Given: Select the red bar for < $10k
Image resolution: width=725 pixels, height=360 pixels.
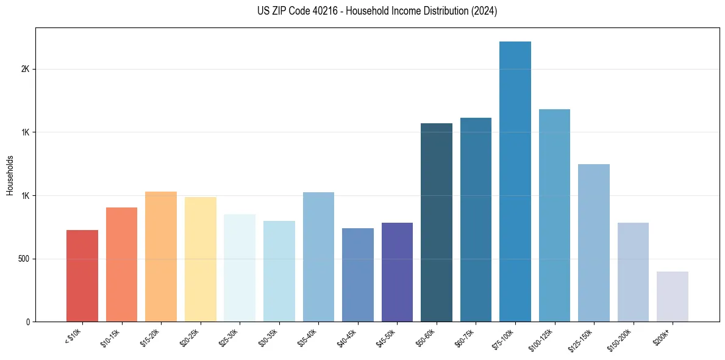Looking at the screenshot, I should (x=82, y=276).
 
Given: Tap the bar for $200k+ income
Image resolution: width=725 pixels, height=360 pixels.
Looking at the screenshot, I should (x=673, y=297).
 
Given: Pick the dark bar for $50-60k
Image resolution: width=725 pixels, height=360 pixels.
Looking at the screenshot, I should (x=437, y=222).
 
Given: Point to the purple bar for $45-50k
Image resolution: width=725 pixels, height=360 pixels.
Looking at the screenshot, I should (x=397, y=272).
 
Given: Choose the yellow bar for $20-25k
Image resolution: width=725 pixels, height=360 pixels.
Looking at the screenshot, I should (x=201, y=259).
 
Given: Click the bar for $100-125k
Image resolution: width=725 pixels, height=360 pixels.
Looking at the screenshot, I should (x=554, y=215).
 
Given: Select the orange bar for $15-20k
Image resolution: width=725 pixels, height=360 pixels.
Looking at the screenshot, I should (x=161, y=256).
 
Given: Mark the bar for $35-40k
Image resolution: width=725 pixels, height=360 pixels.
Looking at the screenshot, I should (x=318, y=257).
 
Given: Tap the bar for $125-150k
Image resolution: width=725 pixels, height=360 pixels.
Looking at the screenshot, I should (x=594, y=243).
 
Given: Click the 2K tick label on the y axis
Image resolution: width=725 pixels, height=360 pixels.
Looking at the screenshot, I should (x=25, y=69).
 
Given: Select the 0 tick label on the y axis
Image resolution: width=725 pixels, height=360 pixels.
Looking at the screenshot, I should (x=28, y=322).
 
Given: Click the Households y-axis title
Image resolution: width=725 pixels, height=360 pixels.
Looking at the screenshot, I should (x=10, y=175).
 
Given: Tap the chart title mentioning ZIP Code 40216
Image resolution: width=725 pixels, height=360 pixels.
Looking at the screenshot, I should (x=377, y=11).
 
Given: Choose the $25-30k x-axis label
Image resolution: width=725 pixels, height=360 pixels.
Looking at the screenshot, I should (x=229, y=337).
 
